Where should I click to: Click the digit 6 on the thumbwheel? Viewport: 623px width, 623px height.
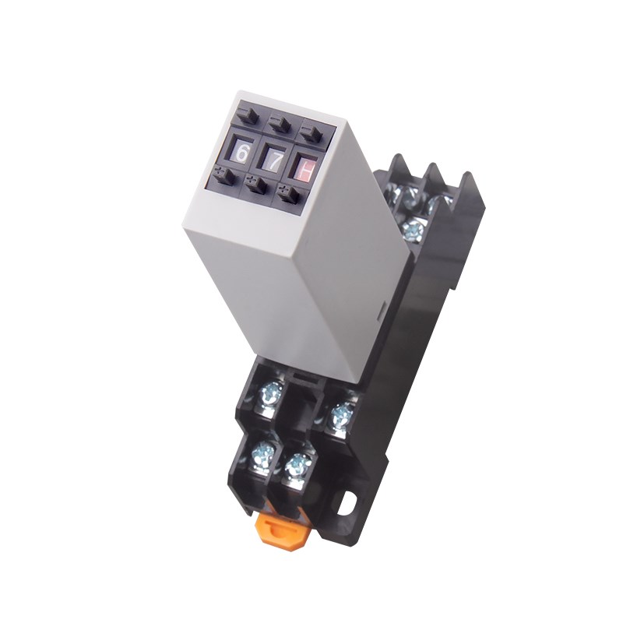[241, 153]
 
